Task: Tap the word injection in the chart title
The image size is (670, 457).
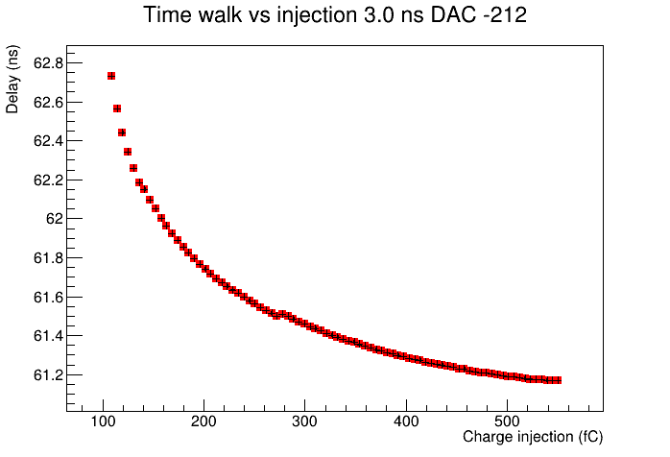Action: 317,16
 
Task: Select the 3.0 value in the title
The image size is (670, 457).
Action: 377,15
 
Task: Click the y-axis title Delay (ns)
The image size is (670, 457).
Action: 12,79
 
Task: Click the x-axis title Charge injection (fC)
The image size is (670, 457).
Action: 533,437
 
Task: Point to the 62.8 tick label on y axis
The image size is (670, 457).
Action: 48,63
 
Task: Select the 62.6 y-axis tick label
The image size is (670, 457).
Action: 48,103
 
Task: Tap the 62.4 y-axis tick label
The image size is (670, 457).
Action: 48,141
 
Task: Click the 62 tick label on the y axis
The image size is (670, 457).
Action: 55,219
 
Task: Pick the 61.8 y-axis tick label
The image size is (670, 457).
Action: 48,258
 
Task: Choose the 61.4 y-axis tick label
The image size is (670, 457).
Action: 48,336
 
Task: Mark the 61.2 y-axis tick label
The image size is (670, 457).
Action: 48,375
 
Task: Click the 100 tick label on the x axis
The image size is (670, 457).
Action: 103,421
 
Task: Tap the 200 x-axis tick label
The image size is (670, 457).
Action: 203,421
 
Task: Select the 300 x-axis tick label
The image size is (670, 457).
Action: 304,421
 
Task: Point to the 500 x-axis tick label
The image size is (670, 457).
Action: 507,421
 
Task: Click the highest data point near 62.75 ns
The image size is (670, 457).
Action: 111,76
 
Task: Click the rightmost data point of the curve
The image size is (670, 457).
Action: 557,380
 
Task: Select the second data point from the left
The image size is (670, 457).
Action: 117,108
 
